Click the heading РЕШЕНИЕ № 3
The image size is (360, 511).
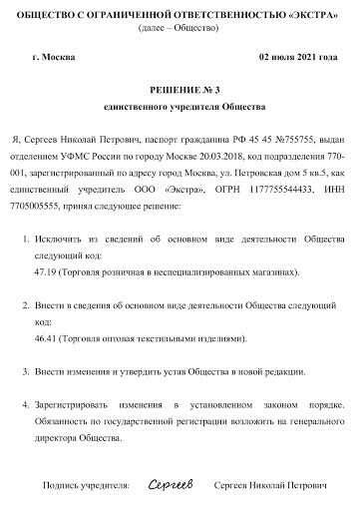pos(180,88)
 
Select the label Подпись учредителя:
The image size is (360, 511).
pos(86,485)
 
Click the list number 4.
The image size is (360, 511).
pos(25,405)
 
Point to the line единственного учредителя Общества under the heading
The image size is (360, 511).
pos(180,105)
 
